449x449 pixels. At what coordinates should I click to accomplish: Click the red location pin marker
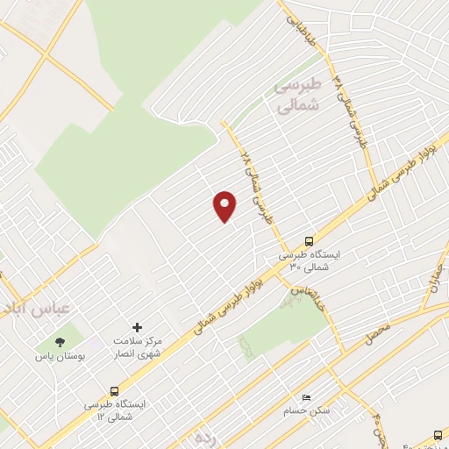(225, 206)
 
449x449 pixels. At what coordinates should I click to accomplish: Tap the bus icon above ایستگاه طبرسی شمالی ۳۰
(309, 239)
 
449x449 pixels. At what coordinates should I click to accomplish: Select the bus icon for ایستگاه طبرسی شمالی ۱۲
(115, 391)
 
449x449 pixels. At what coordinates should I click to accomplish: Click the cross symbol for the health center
(136, 326)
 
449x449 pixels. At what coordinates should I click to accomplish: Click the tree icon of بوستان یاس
(60, 342)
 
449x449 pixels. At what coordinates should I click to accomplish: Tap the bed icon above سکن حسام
(306, 397)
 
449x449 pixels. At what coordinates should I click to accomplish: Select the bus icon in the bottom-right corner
(438, 434)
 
